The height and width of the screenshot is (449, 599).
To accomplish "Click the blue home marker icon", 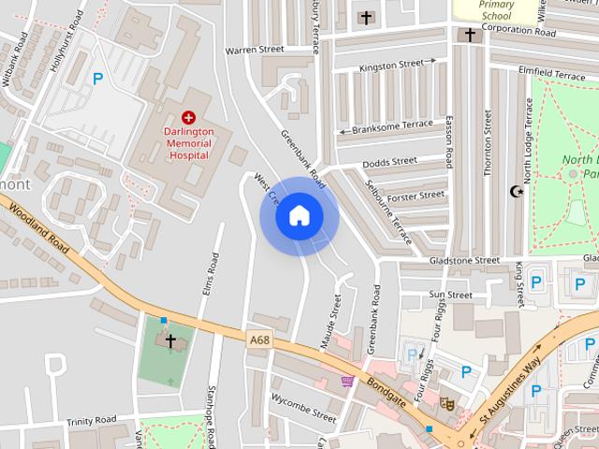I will (x=299, y=216).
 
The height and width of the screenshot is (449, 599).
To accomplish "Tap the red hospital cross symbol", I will (x=189, y=117).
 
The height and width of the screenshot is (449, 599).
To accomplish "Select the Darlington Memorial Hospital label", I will (x=189, y=144).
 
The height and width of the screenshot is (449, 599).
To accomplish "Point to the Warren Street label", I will (x=255, y=50).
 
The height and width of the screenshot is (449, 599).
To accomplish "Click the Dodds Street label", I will (x=389, y=162).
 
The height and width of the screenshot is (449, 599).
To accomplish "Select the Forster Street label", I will (x=416, y=196).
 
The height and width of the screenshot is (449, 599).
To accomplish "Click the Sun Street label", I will (x=451, y=295).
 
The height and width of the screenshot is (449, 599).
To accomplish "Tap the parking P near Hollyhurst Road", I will (x=97, y=80).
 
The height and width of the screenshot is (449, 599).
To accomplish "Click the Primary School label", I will (x=496, y=9).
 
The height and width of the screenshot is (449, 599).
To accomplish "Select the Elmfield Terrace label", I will (x=555, y=73).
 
